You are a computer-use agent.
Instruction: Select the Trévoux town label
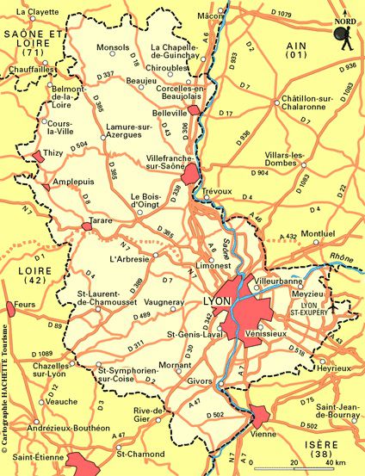(218, 191)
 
